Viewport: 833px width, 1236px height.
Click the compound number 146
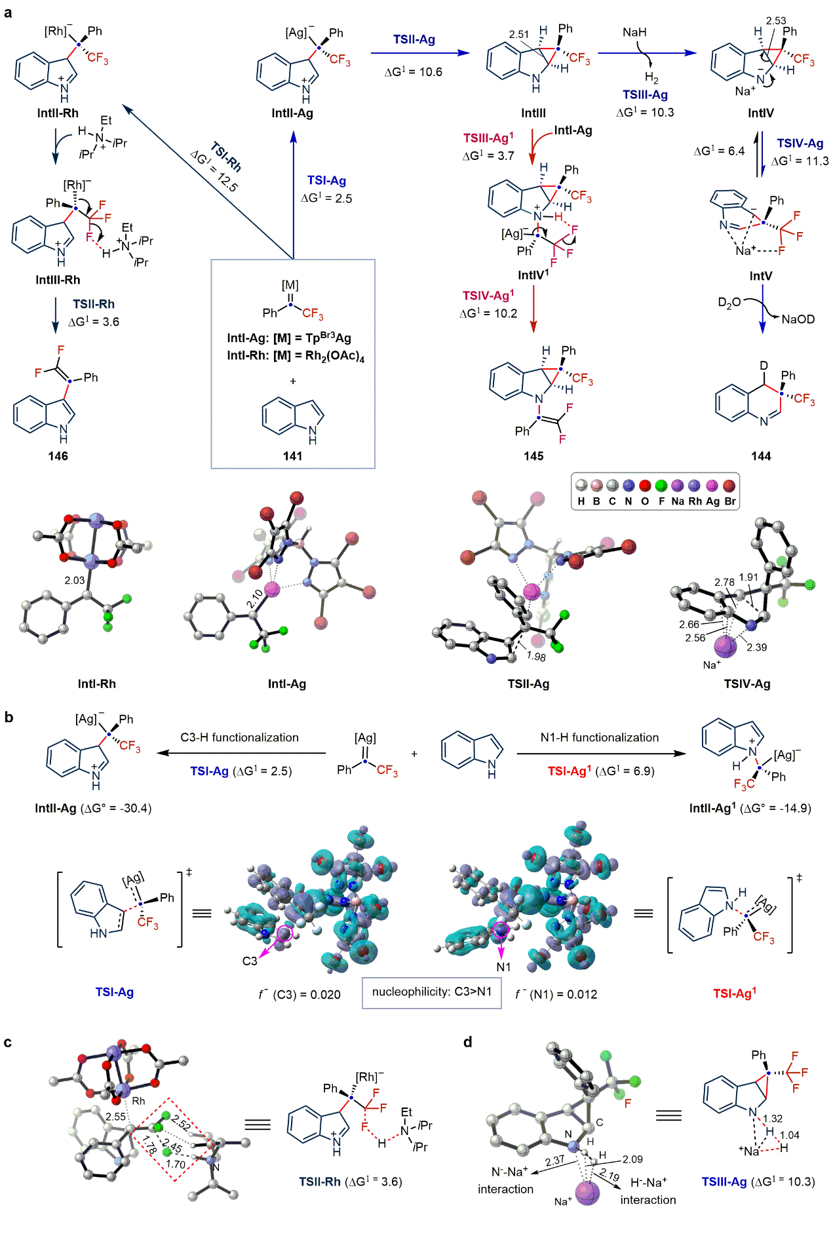(58, 456)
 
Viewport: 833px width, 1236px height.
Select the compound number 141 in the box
(292, 456)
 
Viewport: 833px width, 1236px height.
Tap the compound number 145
(533, 456)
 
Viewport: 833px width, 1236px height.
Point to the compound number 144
(760, 456)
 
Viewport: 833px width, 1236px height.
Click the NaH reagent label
(634, 32)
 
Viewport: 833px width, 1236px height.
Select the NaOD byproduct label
(798, 319)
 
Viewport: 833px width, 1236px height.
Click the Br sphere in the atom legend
(729, 486)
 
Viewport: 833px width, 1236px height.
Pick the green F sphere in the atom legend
(661, 486)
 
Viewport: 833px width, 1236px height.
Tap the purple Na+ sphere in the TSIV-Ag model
(725, 646)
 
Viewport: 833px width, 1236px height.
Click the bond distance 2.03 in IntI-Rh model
(75, 580)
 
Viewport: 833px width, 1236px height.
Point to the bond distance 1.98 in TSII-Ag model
(536, 657)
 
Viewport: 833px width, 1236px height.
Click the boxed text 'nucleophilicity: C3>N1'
(432, 992)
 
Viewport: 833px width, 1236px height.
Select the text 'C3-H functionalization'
(239, 737)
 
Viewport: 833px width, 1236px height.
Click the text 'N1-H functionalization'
(599, 737)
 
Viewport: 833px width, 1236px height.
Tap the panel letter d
(467, 1042)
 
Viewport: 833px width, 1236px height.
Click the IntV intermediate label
(760, 276)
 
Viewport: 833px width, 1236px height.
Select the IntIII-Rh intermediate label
(58, 280)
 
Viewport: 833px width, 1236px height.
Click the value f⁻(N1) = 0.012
(556, 994)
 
